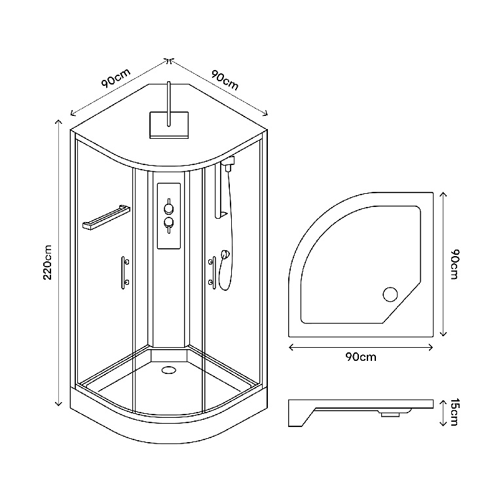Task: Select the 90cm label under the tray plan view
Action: click(x=360, y=357)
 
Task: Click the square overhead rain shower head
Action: click(x=169, y=124)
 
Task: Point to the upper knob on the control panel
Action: click(x=169, y=208)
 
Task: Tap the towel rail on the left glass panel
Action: click(x=103, y=217)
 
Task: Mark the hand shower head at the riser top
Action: click(x=227, y=164)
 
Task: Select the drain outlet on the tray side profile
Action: click(x=392, y=413)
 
